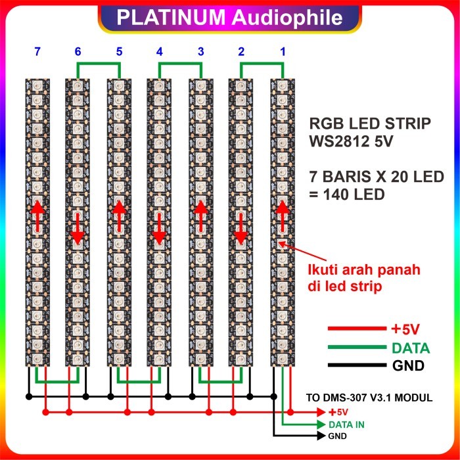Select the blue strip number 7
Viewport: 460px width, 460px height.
click(x=37, y=51)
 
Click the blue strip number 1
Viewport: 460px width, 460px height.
click(x=284, y=51)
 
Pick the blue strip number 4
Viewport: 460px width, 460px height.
click(x=159, y=51)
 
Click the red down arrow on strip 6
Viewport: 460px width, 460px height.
click(x=78, y=227)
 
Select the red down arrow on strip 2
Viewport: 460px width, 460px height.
click(x=241, y=227)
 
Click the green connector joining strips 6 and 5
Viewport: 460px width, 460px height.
click(x=98, y=63)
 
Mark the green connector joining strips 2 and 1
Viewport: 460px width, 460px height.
click(x=262, y=63)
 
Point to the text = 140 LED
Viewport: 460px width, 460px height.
click(x=348, y=195)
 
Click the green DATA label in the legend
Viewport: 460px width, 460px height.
click(x=410, y=348)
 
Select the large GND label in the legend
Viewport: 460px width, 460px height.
click(x=407, y=366)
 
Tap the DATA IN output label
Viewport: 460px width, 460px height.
click(x=346, y=425)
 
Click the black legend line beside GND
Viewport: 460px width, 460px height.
click(x=356, y=365)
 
